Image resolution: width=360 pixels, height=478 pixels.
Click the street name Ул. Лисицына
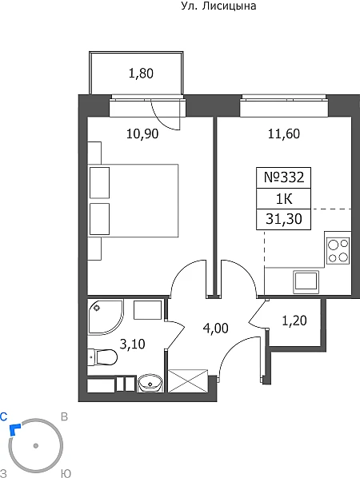218,6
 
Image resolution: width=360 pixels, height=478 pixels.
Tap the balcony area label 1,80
141,74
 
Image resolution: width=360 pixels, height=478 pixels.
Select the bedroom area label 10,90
142,133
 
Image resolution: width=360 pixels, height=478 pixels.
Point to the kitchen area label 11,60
284,133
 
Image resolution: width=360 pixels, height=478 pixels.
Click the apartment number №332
284,177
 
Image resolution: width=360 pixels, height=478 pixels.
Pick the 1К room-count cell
284,199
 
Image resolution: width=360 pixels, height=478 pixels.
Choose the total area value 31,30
284,219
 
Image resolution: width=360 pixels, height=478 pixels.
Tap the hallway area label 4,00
216,329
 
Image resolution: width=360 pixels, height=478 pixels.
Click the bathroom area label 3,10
133,345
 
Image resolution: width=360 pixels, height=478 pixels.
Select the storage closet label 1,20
294,321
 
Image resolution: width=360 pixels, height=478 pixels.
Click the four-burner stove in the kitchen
338,250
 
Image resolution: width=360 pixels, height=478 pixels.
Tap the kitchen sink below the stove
306,282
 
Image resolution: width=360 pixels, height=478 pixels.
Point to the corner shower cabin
106,316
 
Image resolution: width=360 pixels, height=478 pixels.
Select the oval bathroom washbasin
150,383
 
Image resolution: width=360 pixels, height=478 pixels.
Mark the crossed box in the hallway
188,380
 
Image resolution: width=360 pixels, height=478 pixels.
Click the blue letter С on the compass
4,416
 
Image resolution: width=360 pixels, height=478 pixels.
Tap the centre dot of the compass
36,446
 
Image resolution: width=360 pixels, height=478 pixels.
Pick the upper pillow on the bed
99,183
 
